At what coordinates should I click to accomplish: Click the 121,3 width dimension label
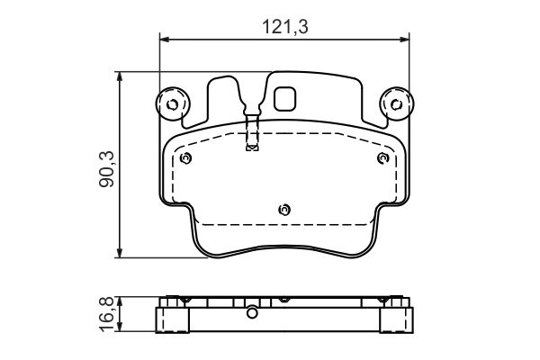285,26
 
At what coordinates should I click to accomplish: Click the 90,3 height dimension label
106,169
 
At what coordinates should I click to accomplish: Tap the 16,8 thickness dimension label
106,314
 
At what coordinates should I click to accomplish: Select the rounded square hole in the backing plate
284,99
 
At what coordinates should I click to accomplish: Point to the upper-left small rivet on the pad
185,158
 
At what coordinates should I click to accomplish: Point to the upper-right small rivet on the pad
383,158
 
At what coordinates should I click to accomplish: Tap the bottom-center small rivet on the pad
284,210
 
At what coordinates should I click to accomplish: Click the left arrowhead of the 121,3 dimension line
165,40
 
